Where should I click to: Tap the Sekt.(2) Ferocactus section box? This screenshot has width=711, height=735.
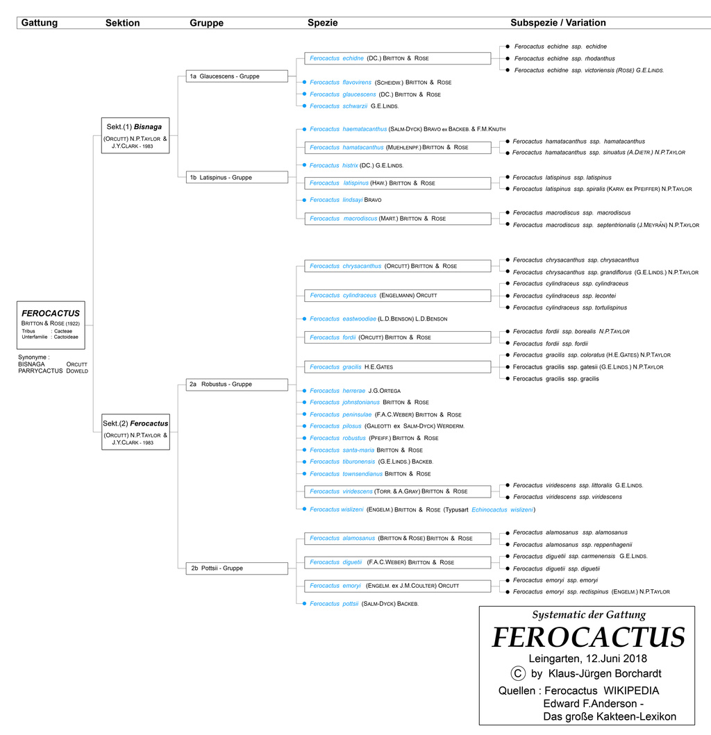point(135,430)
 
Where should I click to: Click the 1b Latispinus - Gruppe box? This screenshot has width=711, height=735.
point(237,178)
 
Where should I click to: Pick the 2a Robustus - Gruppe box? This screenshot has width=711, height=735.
point(237,384)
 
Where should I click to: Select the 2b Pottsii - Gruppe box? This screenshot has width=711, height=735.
point(237,568)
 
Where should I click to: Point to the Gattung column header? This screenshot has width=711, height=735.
point(40,23)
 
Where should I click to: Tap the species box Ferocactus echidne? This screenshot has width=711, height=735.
point(397,58)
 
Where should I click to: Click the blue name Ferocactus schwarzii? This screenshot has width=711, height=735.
point(338,106)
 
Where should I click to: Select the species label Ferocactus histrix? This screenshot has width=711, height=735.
point(334,165)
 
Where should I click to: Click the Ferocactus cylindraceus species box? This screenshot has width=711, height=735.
point(397,296)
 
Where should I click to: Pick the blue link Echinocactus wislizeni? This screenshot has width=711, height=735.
point(502,509)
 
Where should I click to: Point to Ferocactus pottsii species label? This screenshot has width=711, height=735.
point(334,604)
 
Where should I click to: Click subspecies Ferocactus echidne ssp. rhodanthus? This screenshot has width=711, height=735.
point(564,58)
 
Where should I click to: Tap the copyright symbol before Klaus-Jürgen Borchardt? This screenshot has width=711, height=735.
point(517,673)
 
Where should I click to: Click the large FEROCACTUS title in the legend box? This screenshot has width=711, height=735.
point(588,638)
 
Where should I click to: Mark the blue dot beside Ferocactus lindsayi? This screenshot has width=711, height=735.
point(297,200)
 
